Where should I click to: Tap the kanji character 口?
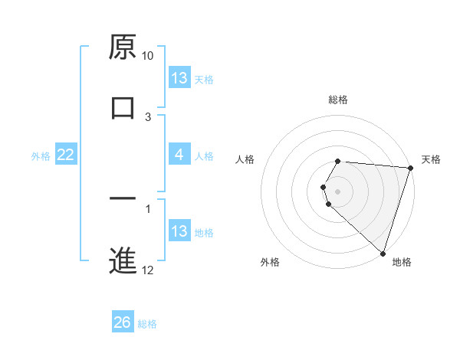[x=123, y=107]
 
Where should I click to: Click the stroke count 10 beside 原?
[x=147, y=56]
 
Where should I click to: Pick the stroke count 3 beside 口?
[x=148, y=116]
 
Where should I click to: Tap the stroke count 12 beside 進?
[x=148, y=270]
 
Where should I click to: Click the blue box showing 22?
[x=66, y=155]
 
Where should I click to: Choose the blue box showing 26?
[x=123, y=322]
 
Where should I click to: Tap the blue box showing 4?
[x=179, y=155]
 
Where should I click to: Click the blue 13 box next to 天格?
[x=179, y=78]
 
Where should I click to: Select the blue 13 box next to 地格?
[x=179, y=231]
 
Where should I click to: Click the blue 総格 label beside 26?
[x=147, y=324]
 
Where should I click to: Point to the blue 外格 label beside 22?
[x=41, y=155]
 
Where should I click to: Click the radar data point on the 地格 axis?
[x=382, y=253]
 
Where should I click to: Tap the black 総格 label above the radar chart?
[x=338, y=100]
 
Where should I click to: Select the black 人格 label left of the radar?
[x=245, y=159]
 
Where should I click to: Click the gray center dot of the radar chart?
[x=338, y=191]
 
